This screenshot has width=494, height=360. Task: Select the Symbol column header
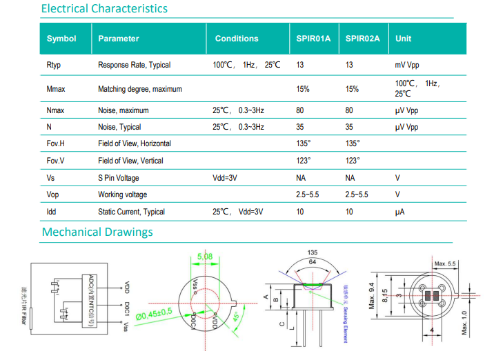coord(61,39)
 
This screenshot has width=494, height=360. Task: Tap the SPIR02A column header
coord(362,39)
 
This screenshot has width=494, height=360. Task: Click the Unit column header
coord(403,39)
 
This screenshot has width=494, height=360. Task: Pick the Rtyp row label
coord(55,65)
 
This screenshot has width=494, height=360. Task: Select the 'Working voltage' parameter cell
coord(123,194)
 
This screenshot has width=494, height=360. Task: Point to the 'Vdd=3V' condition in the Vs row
coord(225,178)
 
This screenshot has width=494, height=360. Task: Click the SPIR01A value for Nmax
coord(300,110)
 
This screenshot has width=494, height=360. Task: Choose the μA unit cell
coord(399,212)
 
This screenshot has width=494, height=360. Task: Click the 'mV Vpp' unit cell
coord(406,65)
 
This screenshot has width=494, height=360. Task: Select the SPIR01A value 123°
coord(304,161)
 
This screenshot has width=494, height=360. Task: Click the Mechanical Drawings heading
coord(97,232)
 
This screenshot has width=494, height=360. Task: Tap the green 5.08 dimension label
coord(205,257)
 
